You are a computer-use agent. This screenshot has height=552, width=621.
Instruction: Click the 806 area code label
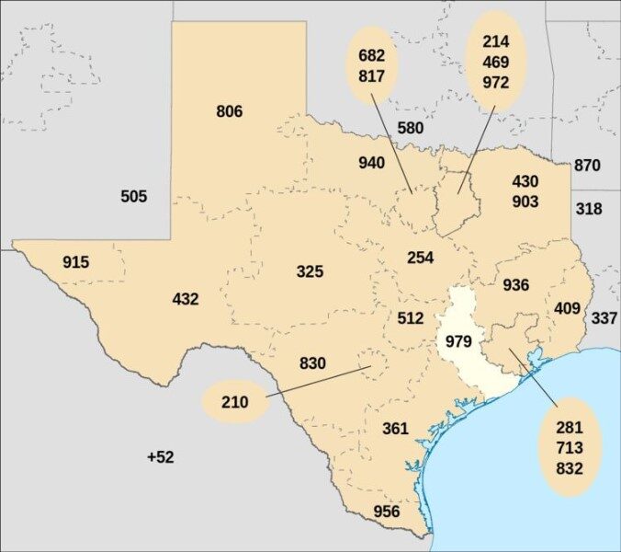[x=230, y=112]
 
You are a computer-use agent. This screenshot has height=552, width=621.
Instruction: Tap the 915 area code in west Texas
[x=76, y=263]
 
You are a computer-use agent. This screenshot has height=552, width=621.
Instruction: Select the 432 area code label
[x=186, y=299]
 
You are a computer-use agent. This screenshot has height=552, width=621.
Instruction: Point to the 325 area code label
[x=310, y=271]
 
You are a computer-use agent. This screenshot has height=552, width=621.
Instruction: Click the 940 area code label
[x=371, y=164]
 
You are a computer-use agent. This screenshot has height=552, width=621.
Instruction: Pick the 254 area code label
[x=420, y=258]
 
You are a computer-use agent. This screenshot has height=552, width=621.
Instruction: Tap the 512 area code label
[x=411, y=318]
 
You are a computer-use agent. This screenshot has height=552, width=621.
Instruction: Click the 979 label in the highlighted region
[x=458, y=341]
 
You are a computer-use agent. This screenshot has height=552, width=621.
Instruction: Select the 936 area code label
[x=515, y=285]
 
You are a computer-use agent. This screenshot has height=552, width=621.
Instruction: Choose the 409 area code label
[x=567, y=308]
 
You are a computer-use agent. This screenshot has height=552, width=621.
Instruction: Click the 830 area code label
[x=312, y=363]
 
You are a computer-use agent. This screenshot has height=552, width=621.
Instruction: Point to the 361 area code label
[x=395, y=429]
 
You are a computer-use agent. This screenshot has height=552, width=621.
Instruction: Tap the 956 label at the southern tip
[x=387, y=512]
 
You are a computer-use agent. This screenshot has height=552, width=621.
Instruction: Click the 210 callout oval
[x=233, y=402]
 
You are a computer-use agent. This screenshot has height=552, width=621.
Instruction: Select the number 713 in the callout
[x=569, y=448]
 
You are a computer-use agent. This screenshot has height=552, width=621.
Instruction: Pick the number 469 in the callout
[x=495, y=62]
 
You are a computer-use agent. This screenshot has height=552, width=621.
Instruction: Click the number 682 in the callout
[x=371, y=56]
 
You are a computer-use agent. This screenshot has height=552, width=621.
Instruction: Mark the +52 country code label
[x=160, y=457]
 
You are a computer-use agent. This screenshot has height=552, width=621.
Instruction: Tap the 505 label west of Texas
[x=133, y=197]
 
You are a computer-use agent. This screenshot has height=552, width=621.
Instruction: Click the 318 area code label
[x=589, y=209]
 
